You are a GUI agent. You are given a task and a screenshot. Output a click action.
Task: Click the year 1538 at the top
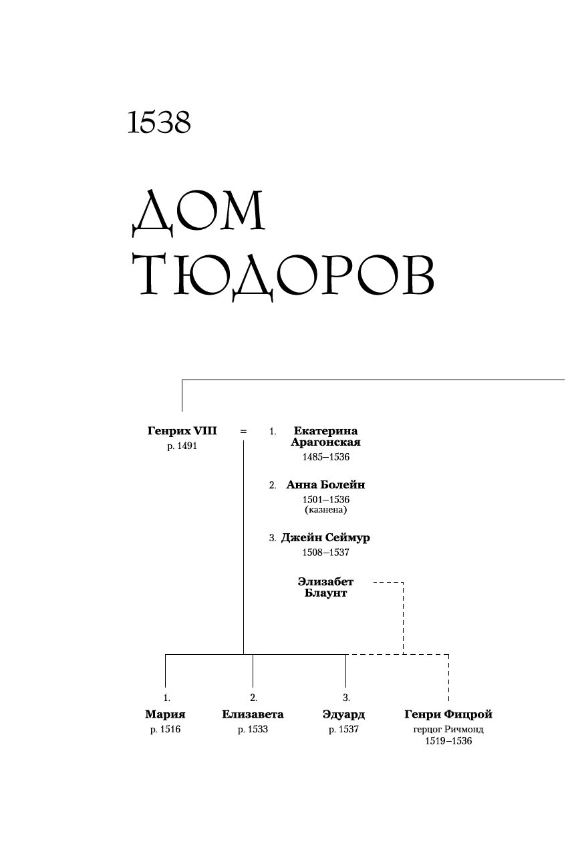[159, 122]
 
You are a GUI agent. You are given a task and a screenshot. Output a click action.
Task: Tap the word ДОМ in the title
[198, 212]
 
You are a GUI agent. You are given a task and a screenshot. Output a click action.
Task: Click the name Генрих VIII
[182, 432]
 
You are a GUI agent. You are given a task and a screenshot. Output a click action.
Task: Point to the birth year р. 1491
[182, 446]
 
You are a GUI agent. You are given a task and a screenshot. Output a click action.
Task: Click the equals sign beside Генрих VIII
[243, 432]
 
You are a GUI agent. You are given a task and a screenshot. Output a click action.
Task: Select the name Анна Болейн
[325, 485]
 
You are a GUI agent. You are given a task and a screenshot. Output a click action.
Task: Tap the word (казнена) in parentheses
[326, 510]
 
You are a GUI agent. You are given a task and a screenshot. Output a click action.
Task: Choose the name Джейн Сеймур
[325, 538]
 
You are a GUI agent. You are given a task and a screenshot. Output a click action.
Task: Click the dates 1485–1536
[326, 458]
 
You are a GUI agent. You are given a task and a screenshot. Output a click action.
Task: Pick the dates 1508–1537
[326, 553]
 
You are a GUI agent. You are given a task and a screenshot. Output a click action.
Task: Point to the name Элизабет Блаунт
[325, 587]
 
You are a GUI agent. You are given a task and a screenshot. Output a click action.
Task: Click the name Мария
[165, 714]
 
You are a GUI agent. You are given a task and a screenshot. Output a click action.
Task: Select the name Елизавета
[253, 714]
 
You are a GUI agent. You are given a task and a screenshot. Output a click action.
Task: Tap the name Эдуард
[343, 714]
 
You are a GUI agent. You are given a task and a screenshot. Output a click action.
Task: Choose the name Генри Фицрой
[448, 714]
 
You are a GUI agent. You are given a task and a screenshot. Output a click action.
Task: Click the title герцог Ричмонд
[448, 730]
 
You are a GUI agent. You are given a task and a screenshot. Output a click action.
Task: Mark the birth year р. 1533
[253, 730]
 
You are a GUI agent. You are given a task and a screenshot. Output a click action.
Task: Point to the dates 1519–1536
[448, 741]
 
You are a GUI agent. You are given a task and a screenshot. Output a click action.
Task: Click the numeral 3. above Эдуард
[346, 698]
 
